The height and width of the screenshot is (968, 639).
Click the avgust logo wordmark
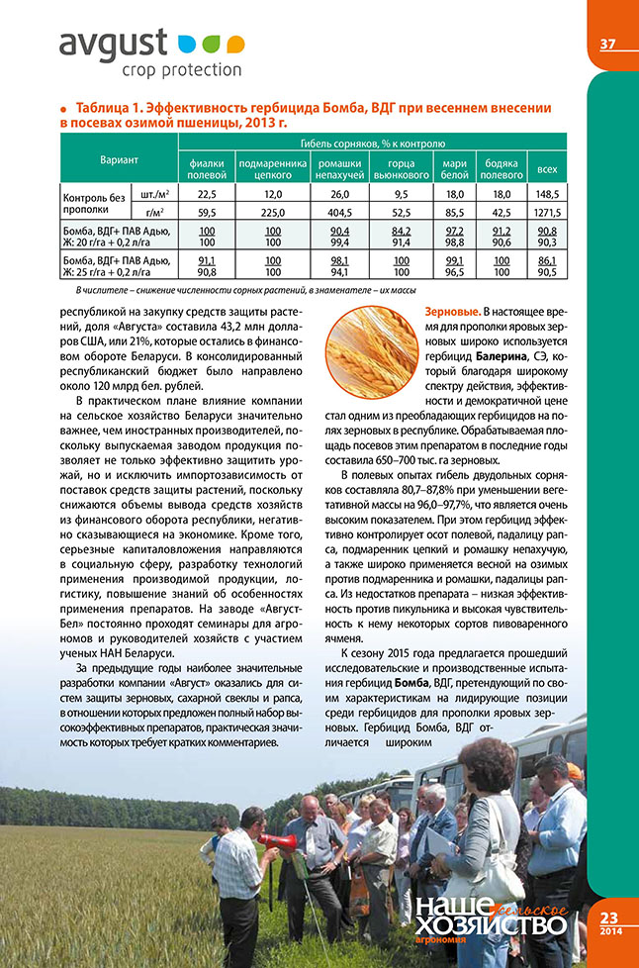(x=116, y=46)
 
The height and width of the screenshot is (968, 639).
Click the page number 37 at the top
(x=608, y=45)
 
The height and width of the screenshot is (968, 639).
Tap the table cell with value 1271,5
(x=546, y=212)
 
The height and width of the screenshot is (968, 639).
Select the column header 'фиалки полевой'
(x=208, y=168)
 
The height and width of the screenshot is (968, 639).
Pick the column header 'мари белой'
(x=455, y=168)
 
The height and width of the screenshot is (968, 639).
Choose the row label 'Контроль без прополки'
(x=95, y=203)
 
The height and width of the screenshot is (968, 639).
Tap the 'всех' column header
(x=546, y=169)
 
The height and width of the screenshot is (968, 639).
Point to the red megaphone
(x=280, y=840)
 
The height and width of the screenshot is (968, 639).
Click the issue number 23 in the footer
(x=608, y=918)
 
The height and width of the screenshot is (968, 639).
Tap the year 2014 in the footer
(x=608, y=932)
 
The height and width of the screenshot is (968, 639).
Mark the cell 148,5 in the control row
(x=546, y=194)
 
